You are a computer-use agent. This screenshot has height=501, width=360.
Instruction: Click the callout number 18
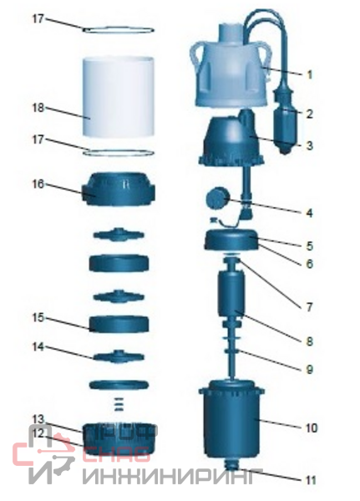point(38,108)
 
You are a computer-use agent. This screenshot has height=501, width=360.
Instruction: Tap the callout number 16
point(38,185)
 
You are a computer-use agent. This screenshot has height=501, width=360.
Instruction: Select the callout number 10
point(312,428)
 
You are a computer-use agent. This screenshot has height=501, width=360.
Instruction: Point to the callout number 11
point(311,480)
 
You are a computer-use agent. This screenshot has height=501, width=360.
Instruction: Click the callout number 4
point(309,213)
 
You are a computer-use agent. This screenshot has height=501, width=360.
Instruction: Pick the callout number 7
point(309,307)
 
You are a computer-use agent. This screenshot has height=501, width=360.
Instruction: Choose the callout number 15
point(38,318)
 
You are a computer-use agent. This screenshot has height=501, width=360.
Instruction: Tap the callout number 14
point(38,347)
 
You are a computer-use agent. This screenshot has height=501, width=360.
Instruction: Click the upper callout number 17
point(38,19)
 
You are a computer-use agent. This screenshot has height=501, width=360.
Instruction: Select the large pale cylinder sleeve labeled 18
point(119,96)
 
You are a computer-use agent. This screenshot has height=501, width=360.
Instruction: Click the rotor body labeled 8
point(231,293)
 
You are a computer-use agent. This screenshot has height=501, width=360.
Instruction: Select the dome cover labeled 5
point(231,240)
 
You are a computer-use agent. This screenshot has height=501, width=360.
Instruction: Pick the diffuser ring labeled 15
point(119,324)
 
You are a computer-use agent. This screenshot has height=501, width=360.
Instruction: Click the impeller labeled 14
point(119,357)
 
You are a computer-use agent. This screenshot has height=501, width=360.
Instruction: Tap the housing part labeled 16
point(119,190)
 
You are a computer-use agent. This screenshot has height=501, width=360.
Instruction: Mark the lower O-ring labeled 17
point(119,153)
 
